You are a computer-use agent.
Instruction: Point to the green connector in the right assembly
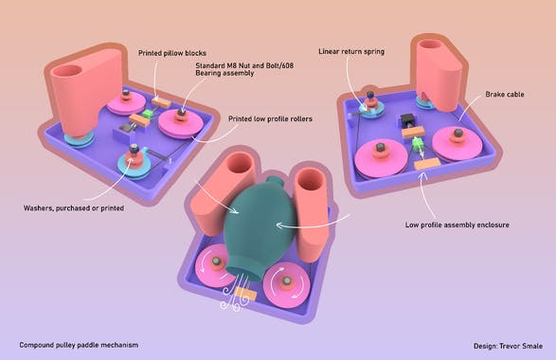coord(417,145)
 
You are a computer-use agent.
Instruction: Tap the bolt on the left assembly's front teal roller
coord(134,150)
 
